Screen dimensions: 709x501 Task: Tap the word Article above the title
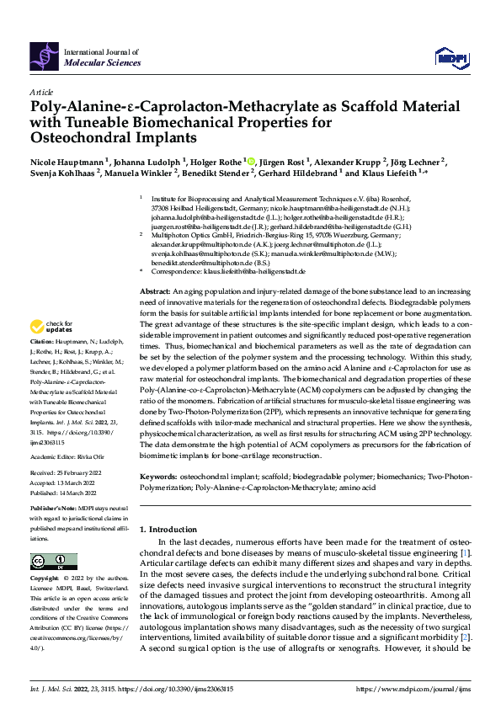click(41, 91)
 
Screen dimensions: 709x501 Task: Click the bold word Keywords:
click(161, 477)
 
